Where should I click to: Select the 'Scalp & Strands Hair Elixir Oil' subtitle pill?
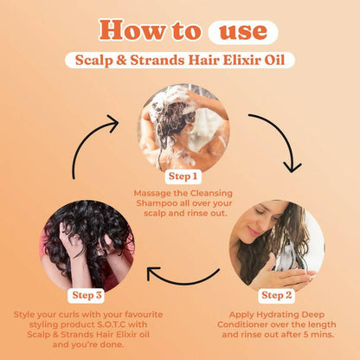click(x=179, y=61)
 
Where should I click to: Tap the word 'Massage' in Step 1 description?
click(x=155, y=193)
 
